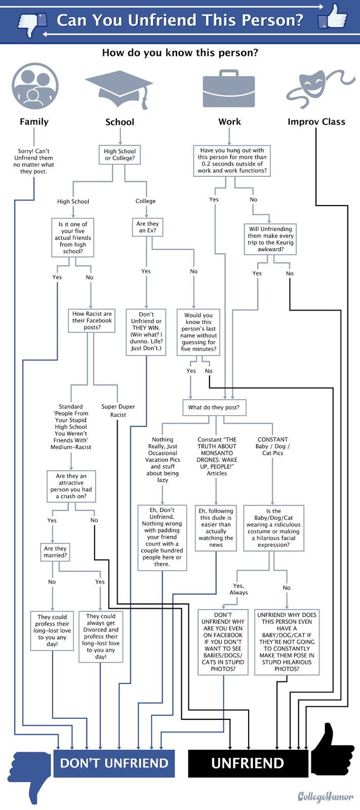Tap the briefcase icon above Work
pyautogui.click(x=229, y=89)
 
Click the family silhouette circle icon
pyautogui.click(x=35, y=86)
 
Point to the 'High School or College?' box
pyautogui.click(x=120, y=155)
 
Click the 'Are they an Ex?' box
pyautogui.click(x=147, y=227)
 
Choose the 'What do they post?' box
pyautogui.click(x=214, y=408)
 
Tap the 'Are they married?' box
pyautogui.click(x=55, y=552)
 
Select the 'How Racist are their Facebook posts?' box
pyautogui.click(x=92, y=321)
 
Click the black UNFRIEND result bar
pyautogui.click(x=248, y=763)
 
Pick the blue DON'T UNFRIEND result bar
pyautogui.click(x=114, y=763)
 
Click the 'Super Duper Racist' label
pyautogui.click(x=118, y=411)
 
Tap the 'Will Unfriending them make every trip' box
pyautogui.click(x=270, y=239)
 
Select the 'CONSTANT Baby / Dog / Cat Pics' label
pyautogui.click(x=273, y=446)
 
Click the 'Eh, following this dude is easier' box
pyautogui.click(x=216, y=528)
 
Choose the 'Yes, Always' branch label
pyautogui.click(x=239, y=589)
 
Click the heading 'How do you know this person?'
pyautogui.click(x=180, y=53)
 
